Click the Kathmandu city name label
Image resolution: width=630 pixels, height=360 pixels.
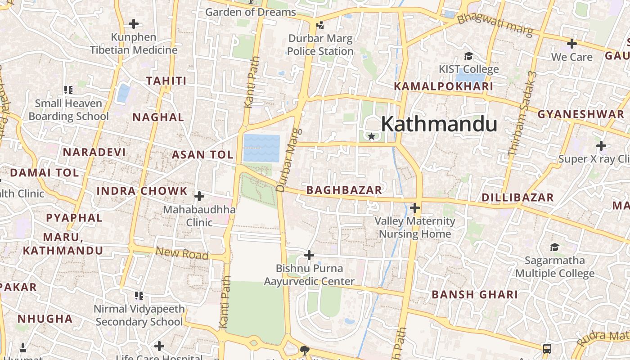[x=439, y=124]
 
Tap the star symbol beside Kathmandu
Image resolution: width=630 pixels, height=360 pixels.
[x=371, y=136]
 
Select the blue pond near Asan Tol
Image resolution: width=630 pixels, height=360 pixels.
[x=261, y=148]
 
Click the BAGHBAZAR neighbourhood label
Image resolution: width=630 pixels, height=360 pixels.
[x=344, y=190]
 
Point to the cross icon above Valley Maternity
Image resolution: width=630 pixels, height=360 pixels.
[x=415, y=208]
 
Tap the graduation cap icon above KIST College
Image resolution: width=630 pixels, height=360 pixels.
[x=469, y=56]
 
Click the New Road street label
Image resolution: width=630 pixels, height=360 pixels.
[x=182, y=253]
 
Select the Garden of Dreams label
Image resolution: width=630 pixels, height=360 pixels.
[x=251, y=12]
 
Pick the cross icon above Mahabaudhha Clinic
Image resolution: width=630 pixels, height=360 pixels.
[x=199, y=196]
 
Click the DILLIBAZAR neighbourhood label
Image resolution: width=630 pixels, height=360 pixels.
[x=517, y=198]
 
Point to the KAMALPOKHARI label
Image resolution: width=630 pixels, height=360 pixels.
[x=443, y=86]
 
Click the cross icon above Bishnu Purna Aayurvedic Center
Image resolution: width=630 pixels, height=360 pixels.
[x=309, y=255]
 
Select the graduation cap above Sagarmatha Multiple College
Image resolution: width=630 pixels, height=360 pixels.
[x=554, y=247]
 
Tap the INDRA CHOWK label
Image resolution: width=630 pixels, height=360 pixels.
[x=142, y=191]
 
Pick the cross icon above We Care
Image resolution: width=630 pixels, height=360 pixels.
[x=571, y=44]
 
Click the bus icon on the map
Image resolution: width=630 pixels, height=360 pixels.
[x=547, y=348]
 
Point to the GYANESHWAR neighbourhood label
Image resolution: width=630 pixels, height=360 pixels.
[x=580, y=114]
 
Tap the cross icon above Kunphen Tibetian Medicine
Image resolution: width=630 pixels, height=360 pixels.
[x=134, y=24]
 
